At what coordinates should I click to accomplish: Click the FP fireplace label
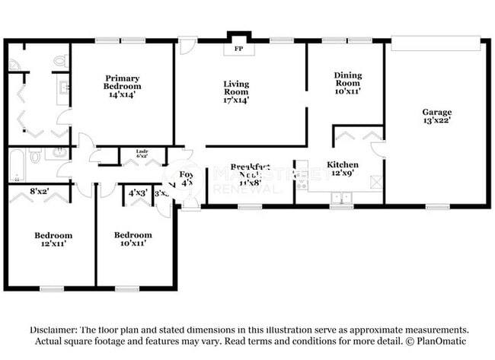coord(238,49)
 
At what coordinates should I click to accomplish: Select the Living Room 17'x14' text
coord(236,92)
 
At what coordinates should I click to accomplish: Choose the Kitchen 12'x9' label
coord(343,169)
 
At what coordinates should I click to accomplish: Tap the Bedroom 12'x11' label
coord(53,240)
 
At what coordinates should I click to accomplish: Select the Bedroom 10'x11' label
coord(133,240)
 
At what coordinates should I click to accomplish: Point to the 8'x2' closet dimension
coord(40,193)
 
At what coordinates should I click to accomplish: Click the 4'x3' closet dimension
coord(138,193)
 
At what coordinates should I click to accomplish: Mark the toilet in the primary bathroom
coord(59,61)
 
